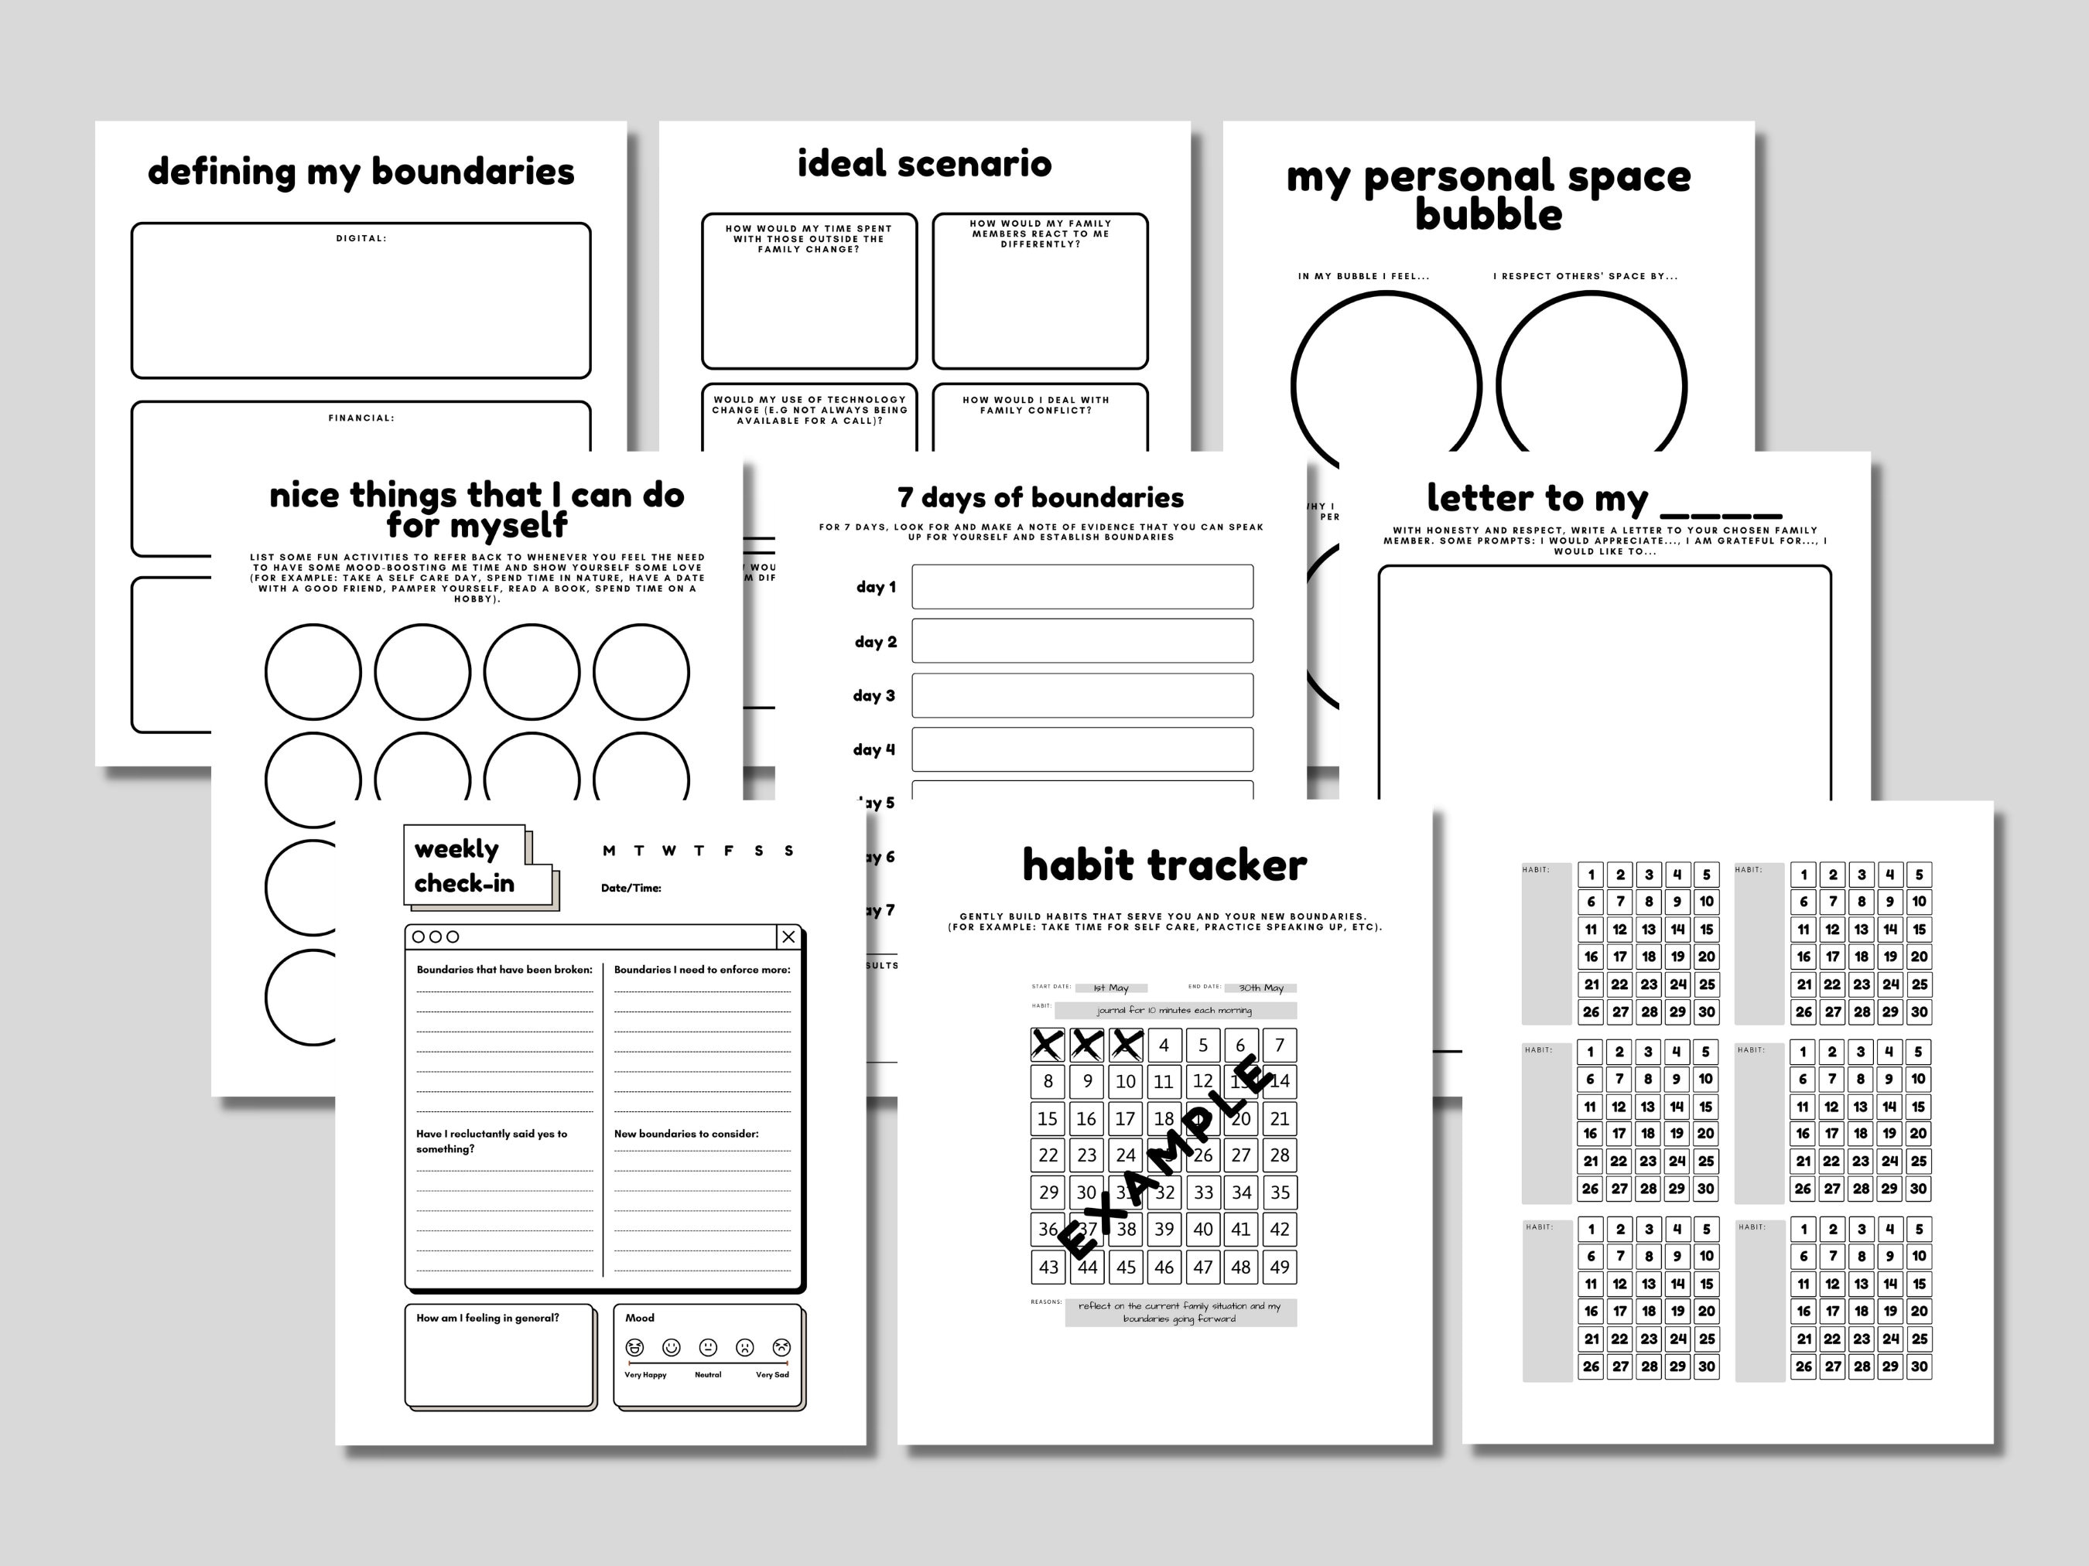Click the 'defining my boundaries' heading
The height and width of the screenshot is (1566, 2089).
361,172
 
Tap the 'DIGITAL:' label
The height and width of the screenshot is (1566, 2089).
361,239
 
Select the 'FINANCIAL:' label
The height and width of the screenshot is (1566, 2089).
361,418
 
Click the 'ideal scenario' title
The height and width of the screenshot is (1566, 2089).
924,164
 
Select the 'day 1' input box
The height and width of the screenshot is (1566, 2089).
1082,587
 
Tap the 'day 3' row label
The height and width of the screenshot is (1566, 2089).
874,696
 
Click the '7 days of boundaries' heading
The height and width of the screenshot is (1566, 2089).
1040,497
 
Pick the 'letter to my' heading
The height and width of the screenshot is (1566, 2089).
1537,497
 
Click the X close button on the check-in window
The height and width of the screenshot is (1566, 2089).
788,937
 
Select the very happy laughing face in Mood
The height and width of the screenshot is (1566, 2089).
634,1347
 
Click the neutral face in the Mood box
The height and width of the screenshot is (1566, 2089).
707,1347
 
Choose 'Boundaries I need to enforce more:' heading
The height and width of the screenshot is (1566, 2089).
702,970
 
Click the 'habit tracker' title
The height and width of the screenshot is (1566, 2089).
1164,865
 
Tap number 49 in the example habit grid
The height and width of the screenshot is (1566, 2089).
1279,1267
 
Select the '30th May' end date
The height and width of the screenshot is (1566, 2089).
1261,988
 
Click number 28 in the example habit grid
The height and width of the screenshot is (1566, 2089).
1279,1155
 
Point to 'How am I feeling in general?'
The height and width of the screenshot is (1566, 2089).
487,1318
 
